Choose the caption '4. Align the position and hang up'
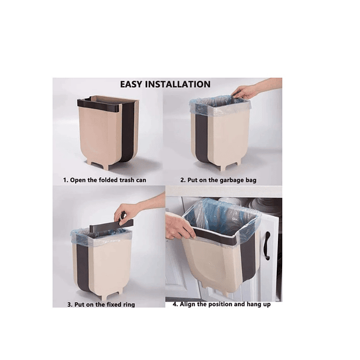point(221,305)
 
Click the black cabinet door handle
point(267,246)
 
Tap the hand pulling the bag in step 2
point(244,91)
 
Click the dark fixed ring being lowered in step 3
point(112,227)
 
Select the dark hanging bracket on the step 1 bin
point(99,105)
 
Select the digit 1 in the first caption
point(65,179)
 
